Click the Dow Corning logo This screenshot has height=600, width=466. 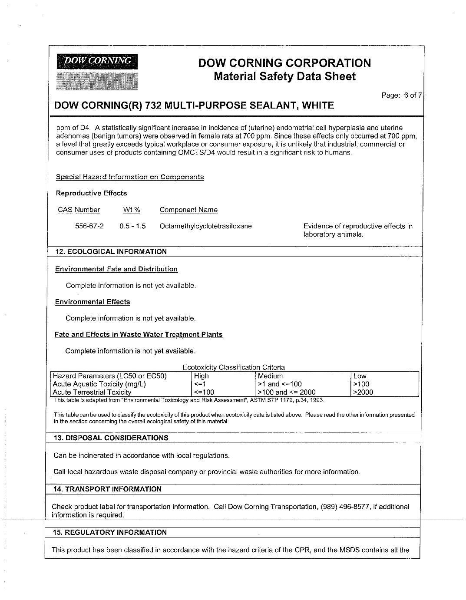pos(96,72)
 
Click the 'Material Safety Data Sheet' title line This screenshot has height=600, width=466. pos(285,77)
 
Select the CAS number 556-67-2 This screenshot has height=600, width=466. pos(89,226)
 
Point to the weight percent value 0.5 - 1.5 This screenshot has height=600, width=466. pos(132,226)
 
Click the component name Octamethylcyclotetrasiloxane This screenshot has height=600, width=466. pos(206,226)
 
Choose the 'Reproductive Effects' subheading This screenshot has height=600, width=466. pos(91,193)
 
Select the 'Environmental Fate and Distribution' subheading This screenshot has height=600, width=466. pos(116,269)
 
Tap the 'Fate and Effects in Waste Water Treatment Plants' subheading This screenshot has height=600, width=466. pos(139,335)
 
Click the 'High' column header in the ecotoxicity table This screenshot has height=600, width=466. pos(202,376)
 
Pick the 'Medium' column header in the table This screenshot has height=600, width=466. pos(270,376)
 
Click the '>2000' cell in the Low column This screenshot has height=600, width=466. pos(363,392)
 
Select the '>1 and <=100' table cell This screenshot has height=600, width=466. pos(280,384)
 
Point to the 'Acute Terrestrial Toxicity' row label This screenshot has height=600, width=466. pos(92,392)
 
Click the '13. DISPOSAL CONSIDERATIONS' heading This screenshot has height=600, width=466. pos(111,438)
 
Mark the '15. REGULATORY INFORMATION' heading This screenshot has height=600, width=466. pos(109,532)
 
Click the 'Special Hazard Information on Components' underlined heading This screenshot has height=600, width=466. pos(130,177)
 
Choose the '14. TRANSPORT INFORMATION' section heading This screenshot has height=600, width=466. pos(107,489)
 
